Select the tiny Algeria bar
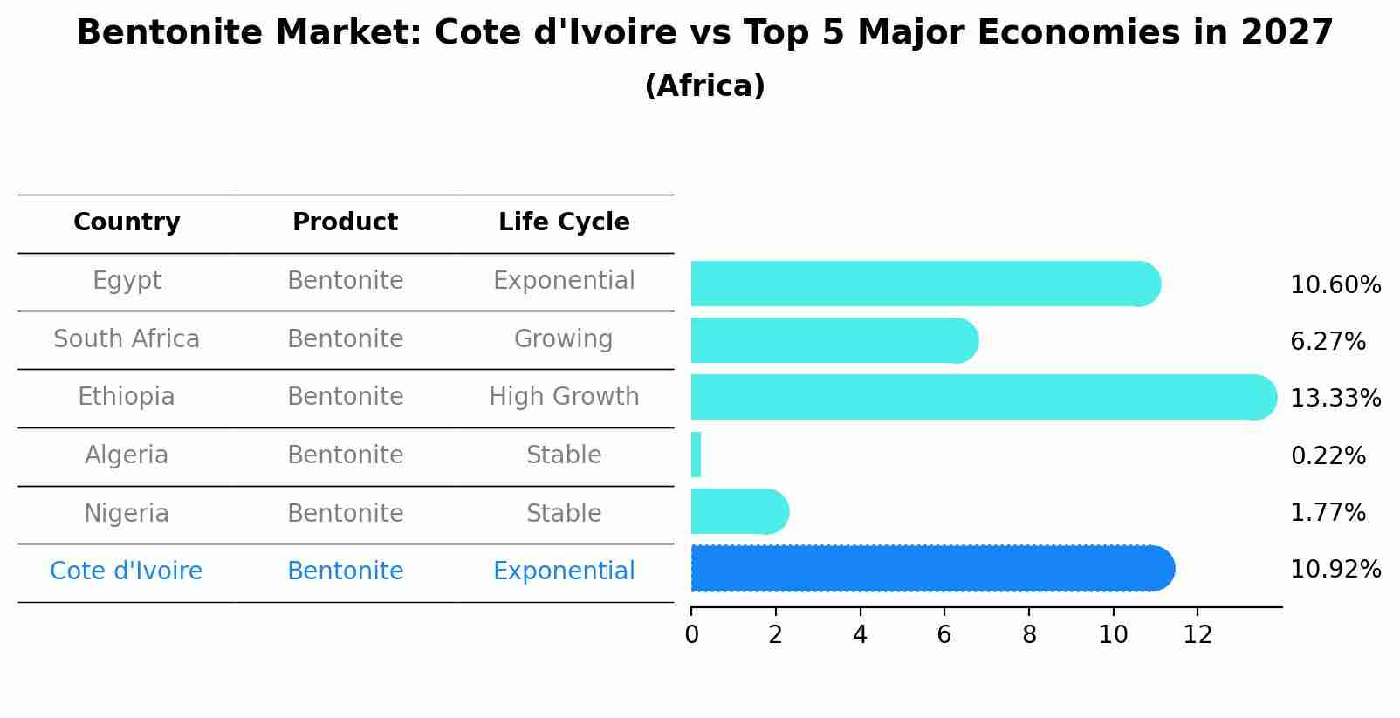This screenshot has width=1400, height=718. (x=696, y=455)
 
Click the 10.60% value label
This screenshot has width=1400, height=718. (x=1335, y=285)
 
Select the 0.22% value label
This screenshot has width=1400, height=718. (x=1327, y=455)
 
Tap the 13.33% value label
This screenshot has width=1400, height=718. (x=1335, y=399)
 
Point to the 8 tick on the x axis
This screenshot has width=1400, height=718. (x=1029, y=635)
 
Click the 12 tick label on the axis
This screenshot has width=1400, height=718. (x=1198, y=635)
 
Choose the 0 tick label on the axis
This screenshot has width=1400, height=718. (x=691, y=635)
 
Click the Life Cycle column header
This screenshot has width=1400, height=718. (x=564, y=222)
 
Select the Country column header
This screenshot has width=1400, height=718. (x=127, y=222)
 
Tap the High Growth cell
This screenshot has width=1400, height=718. (x=564, y=397)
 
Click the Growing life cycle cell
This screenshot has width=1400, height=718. (x=564, y=338)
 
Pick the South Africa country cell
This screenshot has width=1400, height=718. (x=127, y=338)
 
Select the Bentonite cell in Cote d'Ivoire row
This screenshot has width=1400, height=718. (x=345, y=571)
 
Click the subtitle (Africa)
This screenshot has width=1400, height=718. (x=704, y=86)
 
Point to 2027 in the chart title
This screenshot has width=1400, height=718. (x=1287, y=33)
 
